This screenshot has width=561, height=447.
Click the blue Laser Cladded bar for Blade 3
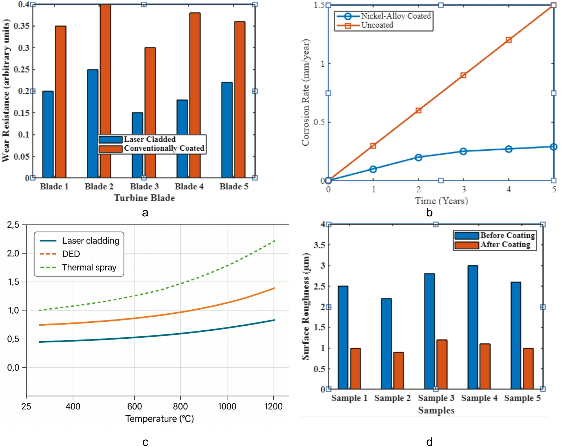pyautogui.click(x=137, y=145)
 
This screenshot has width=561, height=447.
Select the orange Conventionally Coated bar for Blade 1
pyautogui.click(x=61, y=102)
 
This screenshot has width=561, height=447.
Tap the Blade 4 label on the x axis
pyautogui.click(x=189, y=187)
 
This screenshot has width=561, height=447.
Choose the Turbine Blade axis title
pyautogui.click(x=144, y=198)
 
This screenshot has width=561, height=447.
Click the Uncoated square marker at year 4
pyautogui.click(x=509, y=40)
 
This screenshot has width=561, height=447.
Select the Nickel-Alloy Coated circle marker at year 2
pyautogui.click(x=418, y=157)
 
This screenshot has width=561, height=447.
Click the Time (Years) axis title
pyautogui.click(x=441, y=201)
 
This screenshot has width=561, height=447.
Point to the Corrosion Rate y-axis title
pyautogui.click(x=306, y=92)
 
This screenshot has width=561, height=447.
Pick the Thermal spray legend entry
pyautogui.click(x=78, y=267)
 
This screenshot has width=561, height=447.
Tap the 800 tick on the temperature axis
pyautogui.click(x=180, y=406)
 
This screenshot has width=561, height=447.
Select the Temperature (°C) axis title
pyautogui.click(x=160, y=418)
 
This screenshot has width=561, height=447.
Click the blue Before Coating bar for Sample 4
pyautogui.click(x=473, y=327)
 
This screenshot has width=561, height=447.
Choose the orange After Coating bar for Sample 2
pyautogui.click(x=398, y=371)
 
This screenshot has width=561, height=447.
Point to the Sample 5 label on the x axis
pyautogui.click(x=522, y=398)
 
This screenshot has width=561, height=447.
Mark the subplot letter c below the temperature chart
pyautogui.click(x=145, y=442)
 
